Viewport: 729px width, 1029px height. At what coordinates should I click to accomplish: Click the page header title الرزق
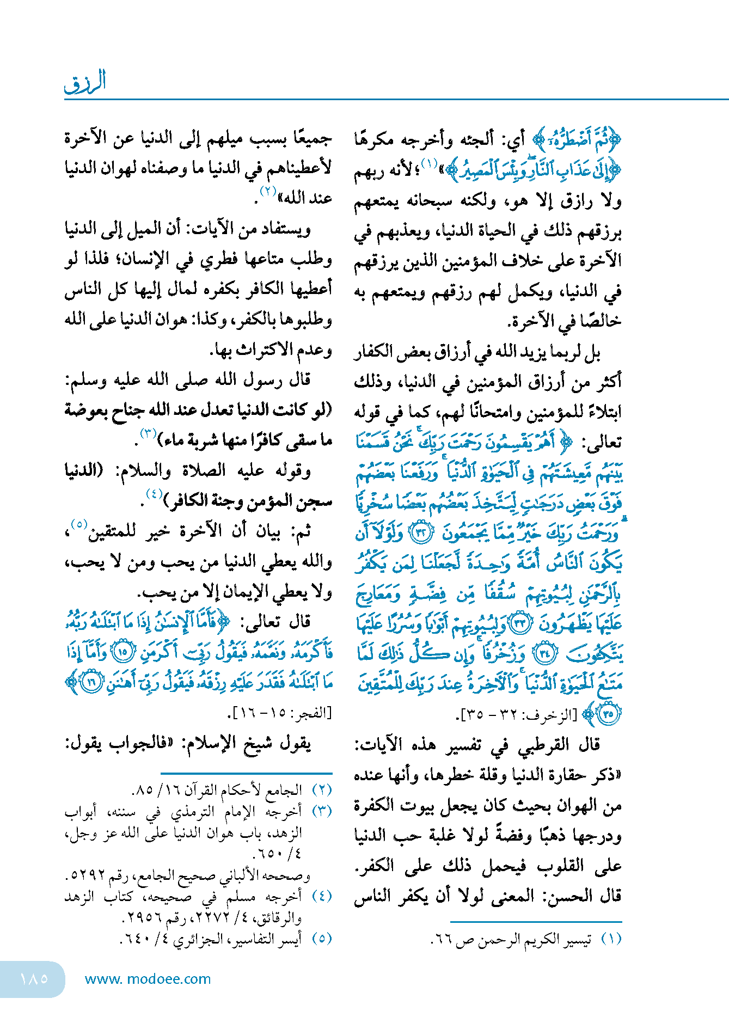[85, 82]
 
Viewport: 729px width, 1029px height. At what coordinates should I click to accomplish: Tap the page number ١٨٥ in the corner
[34, 978]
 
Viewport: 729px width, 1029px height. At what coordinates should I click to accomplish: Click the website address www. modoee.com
[148, 979]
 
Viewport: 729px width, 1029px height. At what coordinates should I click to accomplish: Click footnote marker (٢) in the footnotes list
[322, 789]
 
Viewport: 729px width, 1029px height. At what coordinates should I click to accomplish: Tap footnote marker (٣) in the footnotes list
[322, 811]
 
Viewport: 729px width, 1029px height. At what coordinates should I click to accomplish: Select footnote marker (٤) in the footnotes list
[322, 896]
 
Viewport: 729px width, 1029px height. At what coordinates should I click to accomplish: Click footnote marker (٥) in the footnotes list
[322, 938]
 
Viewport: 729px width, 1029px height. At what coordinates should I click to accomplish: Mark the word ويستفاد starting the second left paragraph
[283, 229]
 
